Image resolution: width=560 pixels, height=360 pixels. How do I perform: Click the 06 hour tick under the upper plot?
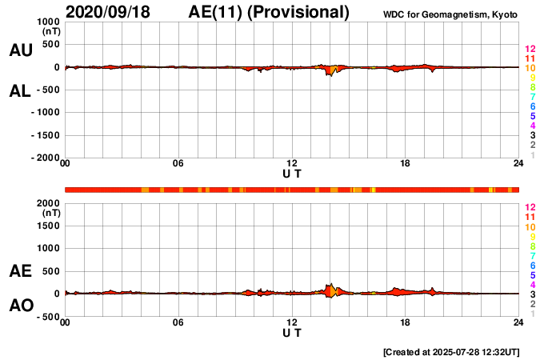pos(178,164)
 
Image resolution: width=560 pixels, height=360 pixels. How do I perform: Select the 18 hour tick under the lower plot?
pos(406,322)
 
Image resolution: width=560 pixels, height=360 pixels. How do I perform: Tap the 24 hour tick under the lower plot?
pos(518,322)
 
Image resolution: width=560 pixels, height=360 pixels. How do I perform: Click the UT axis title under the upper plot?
pos(292,173)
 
